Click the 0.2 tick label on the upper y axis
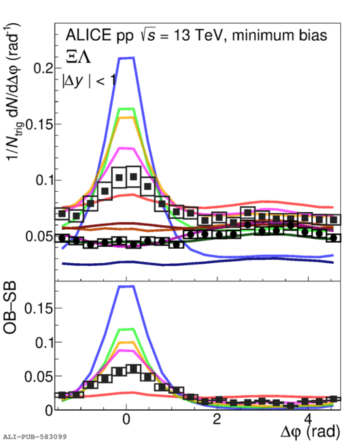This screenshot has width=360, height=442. [x=43, y=68]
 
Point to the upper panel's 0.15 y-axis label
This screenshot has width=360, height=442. [x=39, y=124]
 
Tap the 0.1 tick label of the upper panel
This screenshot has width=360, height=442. [x=44, y=180]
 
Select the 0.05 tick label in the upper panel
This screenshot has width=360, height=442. [x=39, y=236]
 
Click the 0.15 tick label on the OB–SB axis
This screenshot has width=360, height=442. [x=39, y=309]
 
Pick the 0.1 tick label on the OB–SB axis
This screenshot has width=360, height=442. [x=44, y=343]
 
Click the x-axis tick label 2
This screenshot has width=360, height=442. [x=217, y=420]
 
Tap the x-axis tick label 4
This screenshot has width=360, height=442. [x=308, y=420]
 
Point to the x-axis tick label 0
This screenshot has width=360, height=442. [x=126, y=420]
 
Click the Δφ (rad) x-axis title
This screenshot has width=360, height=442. [x=310, y=431]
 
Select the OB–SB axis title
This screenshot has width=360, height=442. [x=10, y=308]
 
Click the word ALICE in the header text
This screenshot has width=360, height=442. [x=88, y=35]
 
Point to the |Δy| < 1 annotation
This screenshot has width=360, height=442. [x=89, y=81]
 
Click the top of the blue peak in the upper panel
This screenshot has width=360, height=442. [x=126, y=58]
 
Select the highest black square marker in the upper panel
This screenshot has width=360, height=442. [x=133, y=177]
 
